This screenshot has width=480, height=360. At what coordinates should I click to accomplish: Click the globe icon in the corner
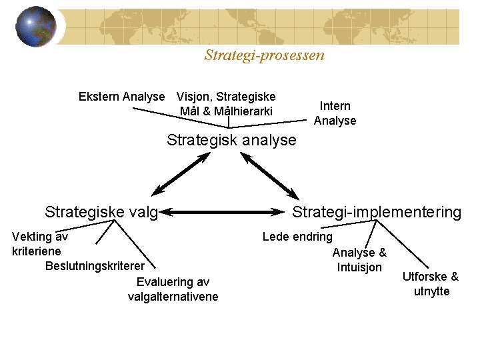click(36, 27)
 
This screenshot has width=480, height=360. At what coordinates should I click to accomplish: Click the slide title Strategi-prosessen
click(264, 55)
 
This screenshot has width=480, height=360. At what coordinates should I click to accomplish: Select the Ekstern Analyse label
click(121, 97)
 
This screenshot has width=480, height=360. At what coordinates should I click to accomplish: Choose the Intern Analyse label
click(335, 113)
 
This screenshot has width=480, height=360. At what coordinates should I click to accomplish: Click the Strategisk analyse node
click(231, 140)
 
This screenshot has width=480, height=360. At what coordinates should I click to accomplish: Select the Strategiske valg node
click(101, 212)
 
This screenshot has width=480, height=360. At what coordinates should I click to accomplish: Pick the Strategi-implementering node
click(377, 212)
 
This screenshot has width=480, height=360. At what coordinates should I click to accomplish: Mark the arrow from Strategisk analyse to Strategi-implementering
click(270, 175)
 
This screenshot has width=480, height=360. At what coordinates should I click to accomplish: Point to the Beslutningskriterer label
click(95, 266)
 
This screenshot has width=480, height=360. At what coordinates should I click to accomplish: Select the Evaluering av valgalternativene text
click(173, 289)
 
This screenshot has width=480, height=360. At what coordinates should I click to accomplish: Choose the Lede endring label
click(297, 236)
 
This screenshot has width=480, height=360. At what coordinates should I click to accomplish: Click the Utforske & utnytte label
click(431, 284)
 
